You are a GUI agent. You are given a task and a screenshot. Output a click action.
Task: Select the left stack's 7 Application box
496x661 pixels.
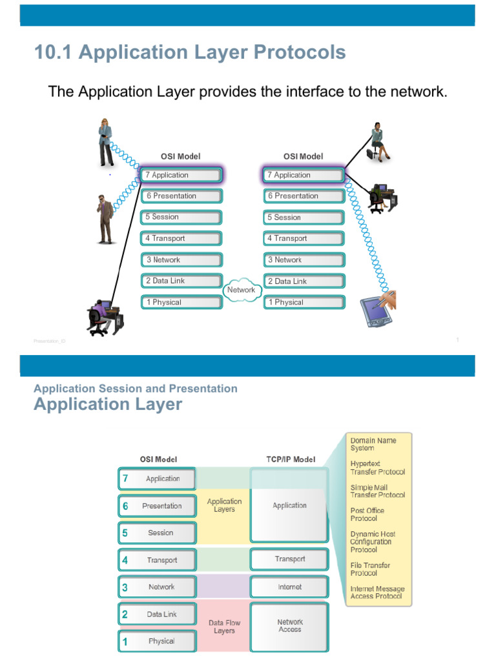(181, 175)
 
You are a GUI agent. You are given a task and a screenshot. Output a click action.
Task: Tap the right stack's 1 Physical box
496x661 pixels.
(304, 302)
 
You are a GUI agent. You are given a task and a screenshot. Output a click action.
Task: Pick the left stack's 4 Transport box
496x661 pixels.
(181, 238)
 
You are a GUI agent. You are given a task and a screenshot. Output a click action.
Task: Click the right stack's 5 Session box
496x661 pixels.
(304, 218)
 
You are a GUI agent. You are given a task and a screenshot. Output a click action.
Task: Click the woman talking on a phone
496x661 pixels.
(105, 142)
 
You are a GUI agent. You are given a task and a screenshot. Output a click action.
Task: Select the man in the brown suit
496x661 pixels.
(105, 219)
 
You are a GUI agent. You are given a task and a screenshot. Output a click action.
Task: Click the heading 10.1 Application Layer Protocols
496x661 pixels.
(190, 53)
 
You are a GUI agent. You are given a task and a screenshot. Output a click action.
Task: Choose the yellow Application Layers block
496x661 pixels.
(224, 505)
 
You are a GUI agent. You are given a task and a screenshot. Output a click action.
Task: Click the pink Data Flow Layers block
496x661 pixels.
(224, 627)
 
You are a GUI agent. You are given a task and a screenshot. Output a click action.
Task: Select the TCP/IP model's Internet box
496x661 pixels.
(289, 587)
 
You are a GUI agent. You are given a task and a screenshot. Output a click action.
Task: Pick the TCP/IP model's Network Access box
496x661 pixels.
(289, 625)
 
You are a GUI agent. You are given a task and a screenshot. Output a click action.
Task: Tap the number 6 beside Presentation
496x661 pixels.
(125, 506)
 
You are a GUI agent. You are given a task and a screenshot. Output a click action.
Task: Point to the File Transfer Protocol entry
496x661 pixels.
(370, 569)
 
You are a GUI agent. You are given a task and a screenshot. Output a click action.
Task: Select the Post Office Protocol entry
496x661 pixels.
(367, 514)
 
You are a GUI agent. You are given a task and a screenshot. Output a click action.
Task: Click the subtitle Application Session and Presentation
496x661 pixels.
(136, 389)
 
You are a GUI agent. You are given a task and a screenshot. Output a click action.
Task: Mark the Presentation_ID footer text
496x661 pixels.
(50, 341)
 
